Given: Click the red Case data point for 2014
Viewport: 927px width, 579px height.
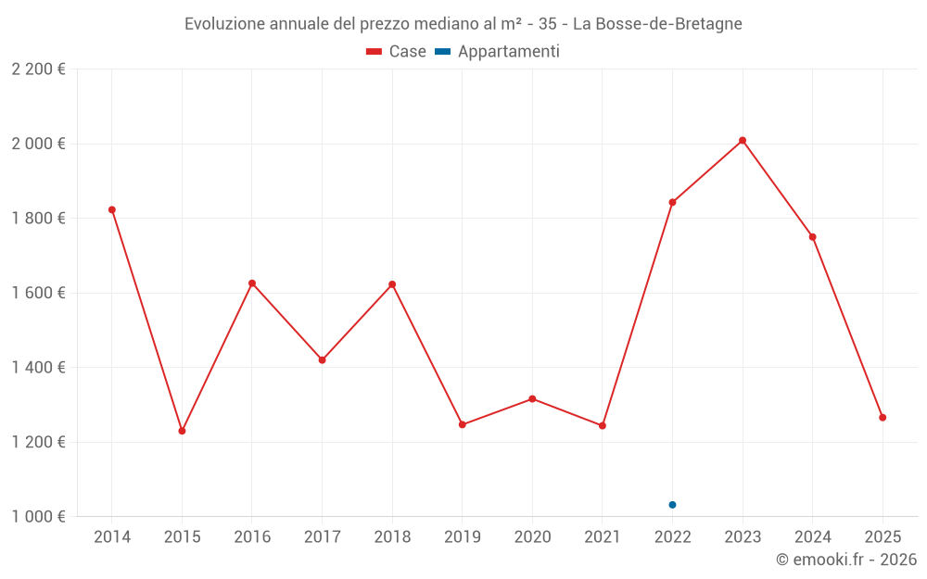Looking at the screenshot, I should (x=112, y=209).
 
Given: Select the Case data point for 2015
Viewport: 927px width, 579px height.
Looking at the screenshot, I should (x=182, y=431).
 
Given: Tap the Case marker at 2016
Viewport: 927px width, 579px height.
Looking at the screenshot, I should (x=252, y=283).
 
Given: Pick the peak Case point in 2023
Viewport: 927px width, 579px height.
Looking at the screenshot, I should (x=743, y=141).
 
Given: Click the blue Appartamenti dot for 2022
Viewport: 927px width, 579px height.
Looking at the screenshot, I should (x=672, y=505).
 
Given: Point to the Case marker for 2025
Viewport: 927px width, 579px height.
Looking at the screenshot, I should (x=883, y=418).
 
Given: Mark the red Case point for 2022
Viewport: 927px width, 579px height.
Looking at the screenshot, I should (x=672, y=202).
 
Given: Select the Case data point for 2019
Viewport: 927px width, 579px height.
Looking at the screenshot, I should (x=463, y=424).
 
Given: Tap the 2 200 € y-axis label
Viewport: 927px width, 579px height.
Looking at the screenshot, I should (x=38, y=69).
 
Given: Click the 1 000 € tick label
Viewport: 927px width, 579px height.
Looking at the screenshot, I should (x=38, y=517).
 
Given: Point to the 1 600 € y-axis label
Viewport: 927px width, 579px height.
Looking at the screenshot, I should (x=38, y=293).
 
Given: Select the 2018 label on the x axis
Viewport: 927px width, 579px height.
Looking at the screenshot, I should (x=392, y=537).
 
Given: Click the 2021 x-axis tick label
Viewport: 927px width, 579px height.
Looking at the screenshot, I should (x=603, y=537).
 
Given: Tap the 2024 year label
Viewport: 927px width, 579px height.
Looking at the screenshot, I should (x=812, y=537).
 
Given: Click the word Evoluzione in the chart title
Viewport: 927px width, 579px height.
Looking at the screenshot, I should (x=223, y=24).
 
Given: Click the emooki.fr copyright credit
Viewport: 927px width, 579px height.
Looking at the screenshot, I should (x=846, y=560).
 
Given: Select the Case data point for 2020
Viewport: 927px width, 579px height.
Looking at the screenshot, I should (x=532, y=399).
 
